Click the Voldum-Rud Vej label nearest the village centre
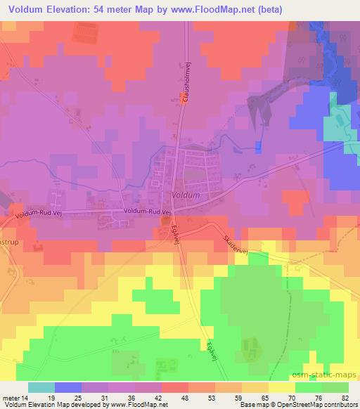[x=148, y=211]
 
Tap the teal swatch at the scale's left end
[x=41, y=388]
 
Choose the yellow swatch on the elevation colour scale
[x=281, y=388]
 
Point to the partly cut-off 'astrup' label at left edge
[x=8, y=239]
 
